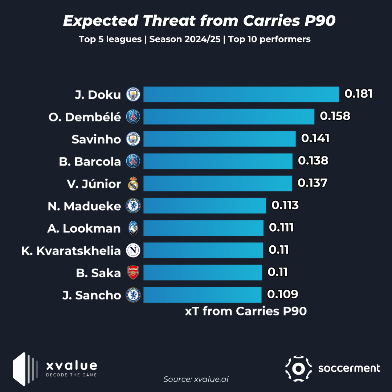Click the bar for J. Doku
241,94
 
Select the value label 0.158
335,116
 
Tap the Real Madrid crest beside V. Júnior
133,184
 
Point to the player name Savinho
96,139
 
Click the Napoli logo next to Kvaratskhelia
133,250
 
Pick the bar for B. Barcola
218,161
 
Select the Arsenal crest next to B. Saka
133,273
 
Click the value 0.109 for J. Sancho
283,294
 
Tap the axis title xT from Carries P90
246,311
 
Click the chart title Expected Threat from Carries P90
199,21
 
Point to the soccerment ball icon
298,369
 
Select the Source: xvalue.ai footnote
196,379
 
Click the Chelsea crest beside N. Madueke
133,206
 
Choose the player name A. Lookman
84,228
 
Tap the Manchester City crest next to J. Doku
133,95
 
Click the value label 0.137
313,183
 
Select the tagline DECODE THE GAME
72,375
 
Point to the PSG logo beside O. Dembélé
133,117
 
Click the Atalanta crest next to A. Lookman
133,228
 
